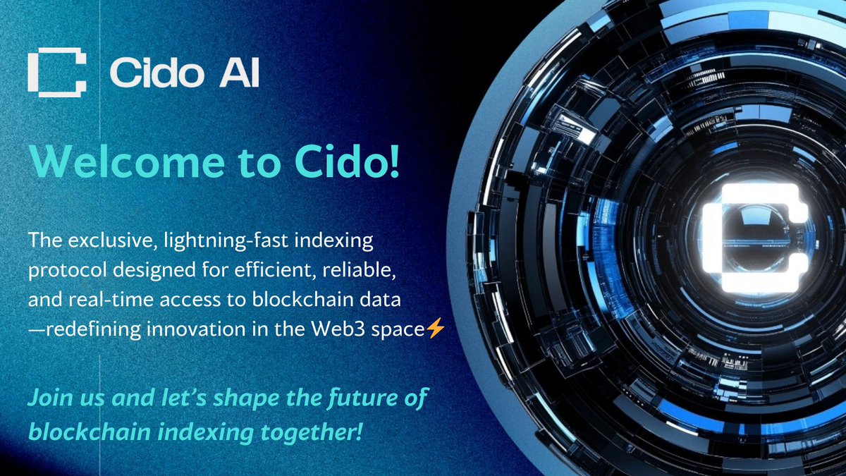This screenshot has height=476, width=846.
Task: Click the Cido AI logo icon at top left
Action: click(56, 72)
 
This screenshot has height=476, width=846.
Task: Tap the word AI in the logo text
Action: click(239, 73)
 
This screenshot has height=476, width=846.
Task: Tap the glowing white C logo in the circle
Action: click(754, 238)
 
